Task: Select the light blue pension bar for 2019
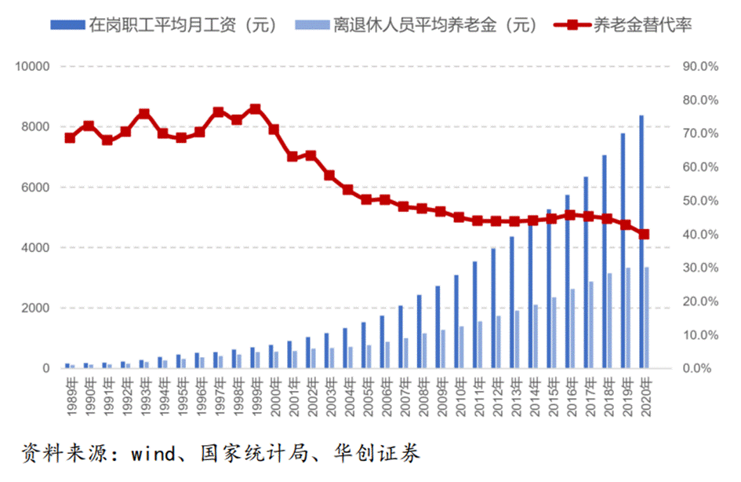(628, 318)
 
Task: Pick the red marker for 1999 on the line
(255, 109)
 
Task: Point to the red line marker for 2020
(644, 234)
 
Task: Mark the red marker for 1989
(70, 137)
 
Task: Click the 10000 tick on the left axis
(32, 67)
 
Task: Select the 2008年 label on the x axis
(422, 390)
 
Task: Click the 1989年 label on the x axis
(70, 390)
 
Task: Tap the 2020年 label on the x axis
(644, 390)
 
